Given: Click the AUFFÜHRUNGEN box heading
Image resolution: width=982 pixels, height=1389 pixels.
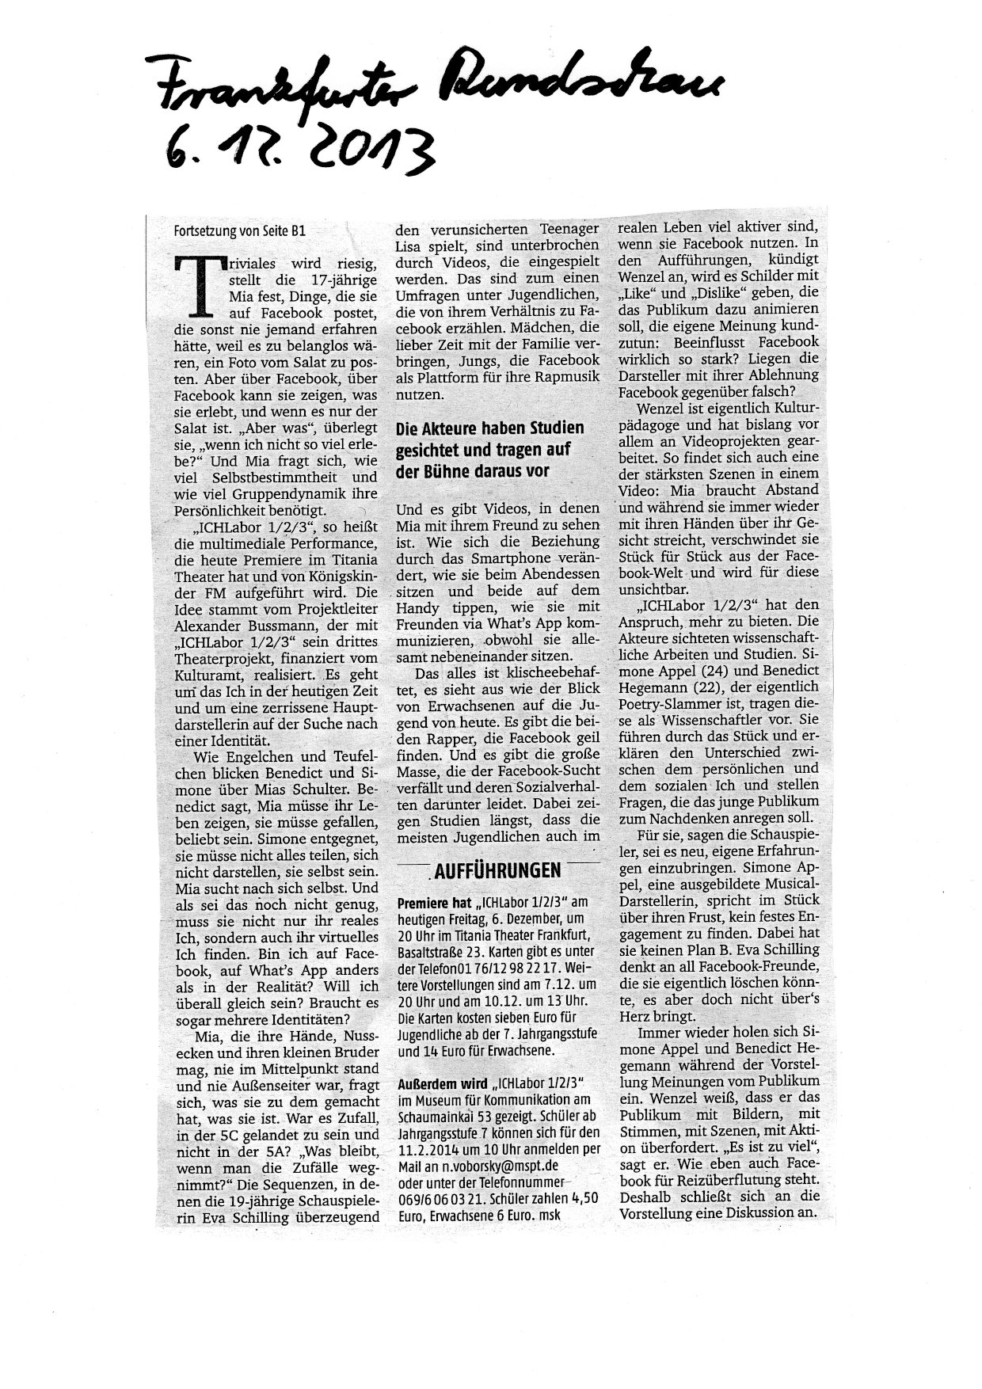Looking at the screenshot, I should tap(497, 870).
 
